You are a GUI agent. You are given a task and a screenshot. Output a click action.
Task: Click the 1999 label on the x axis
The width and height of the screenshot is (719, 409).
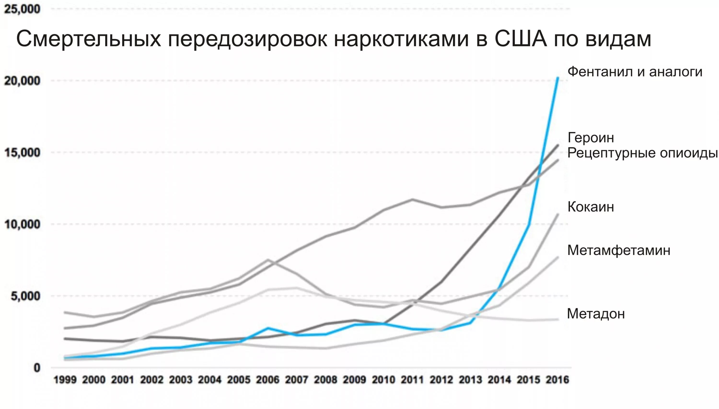(65, 380)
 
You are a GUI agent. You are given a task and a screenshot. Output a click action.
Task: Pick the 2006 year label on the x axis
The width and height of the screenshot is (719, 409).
(267, 380)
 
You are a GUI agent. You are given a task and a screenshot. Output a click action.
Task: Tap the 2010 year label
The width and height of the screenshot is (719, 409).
(383, 380)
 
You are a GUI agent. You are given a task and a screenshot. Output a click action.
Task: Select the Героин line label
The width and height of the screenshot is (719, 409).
(591, 138)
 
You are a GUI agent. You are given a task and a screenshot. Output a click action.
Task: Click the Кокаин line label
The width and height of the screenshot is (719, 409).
(591, 207)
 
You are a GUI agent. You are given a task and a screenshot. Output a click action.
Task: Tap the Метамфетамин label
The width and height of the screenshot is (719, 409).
(619, 250)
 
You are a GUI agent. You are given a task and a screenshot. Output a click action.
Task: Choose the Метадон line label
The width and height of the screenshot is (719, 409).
(596, 314)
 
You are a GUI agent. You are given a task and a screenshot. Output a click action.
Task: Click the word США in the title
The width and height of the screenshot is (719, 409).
(521, 38)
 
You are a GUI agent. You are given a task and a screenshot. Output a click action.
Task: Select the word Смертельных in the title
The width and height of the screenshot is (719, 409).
(89, 38)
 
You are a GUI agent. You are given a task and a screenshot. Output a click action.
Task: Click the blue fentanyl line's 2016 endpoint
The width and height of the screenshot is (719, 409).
(558, 78)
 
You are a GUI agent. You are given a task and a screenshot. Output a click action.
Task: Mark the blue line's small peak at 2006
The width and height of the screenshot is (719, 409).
(268, 328)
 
